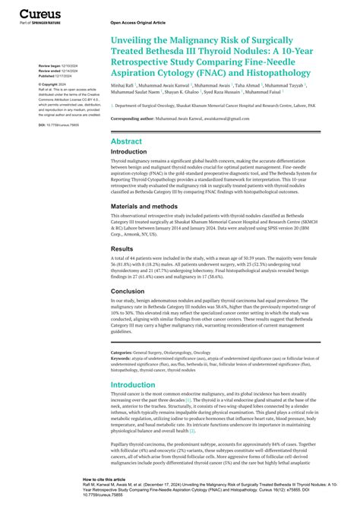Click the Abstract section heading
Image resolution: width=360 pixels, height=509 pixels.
click(125, 141)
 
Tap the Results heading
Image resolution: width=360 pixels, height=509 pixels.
click(122, 248)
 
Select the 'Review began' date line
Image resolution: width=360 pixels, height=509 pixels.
click(56, 66)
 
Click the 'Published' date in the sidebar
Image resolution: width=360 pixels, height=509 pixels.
click(56, 77)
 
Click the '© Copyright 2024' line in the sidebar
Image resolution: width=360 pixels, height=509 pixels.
click(53, 84)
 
